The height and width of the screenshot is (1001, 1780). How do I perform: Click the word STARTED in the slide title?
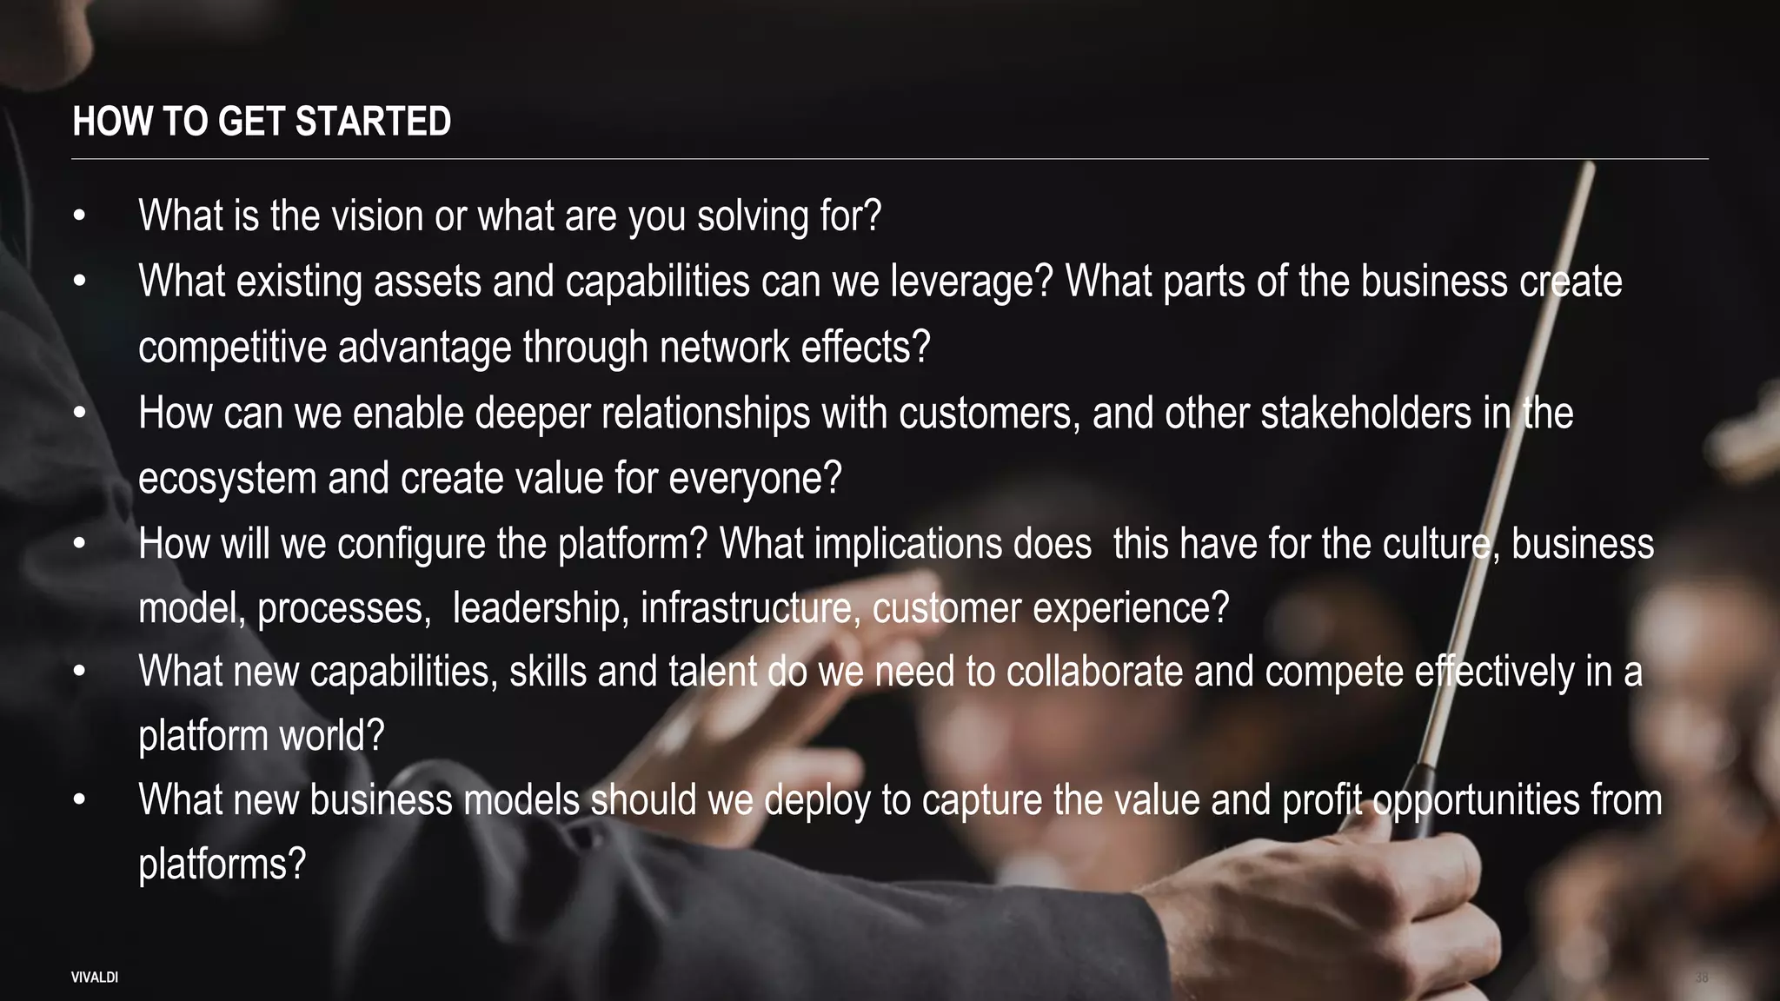pos(373,122)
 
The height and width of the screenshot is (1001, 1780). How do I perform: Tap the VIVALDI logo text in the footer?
pos(95,978)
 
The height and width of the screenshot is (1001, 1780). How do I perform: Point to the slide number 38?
pos(1701,978)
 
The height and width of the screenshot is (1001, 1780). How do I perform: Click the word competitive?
pos(232,348)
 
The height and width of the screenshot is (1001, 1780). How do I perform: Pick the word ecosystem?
pos(227,479)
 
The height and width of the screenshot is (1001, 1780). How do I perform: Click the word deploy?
pos(818,800)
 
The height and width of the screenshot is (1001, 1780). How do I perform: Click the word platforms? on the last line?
pos(222,865)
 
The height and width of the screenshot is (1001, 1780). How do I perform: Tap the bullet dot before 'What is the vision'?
pos(79,216)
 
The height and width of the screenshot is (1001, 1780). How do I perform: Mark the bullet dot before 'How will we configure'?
pos(79,545)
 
